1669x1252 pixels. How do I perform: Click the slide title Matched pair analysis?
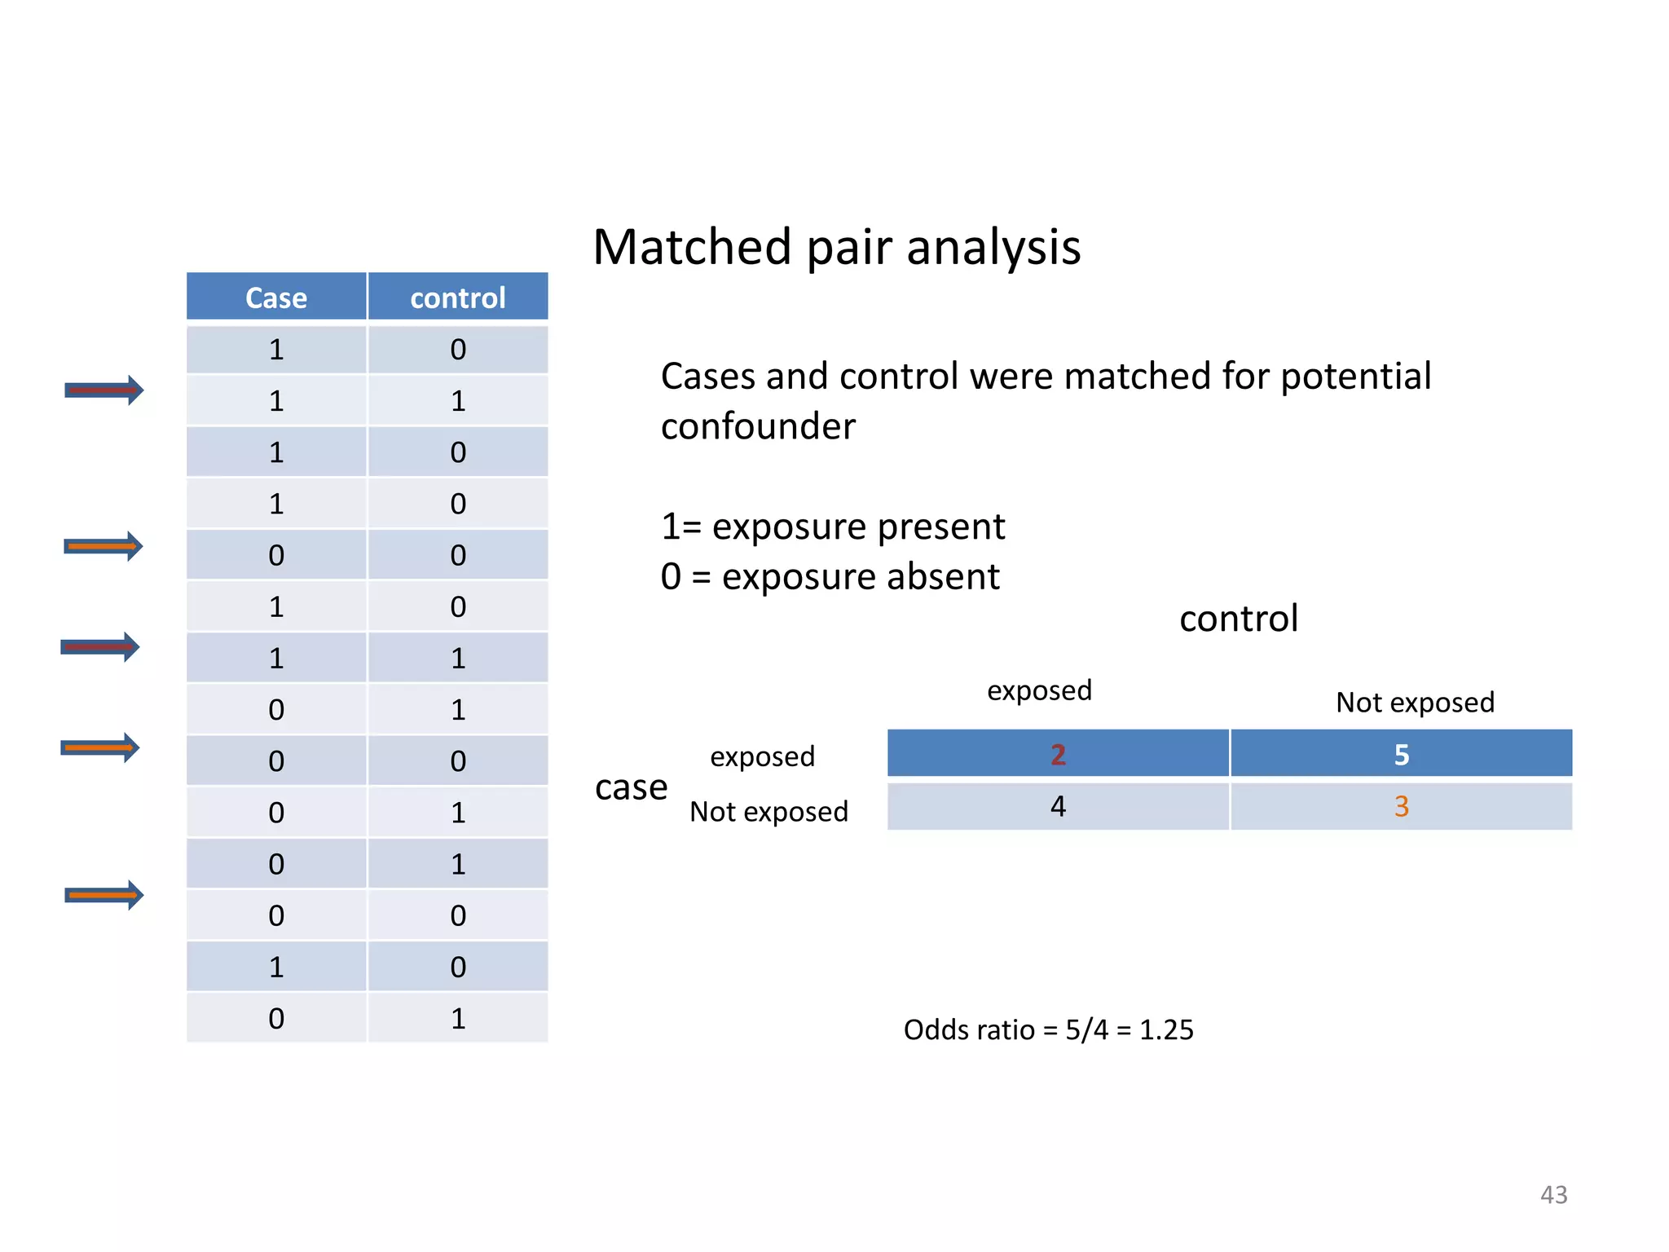click(836, 247)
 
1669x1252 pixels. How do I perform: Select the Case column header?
click(276, 298)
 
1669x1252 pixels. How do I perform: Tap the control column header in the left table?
click(457, 298)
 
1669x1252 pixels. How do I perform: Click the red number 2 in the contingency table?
click(1058, 755)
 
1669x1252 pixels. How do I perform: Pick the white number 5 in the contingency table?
click(1401, 755)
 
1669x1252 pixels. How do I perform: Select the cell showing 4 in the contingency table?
click(1058, 806)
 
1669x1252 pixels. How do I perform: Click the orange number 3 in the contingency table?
click(1401, 806)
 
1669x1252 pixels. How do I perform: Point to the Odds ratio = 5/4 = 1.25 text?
click(1048, 1029)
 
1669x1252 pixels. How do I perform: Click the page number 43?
click(1553, 1194)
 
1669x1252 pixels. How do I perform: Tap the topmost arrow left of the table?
click(103, 390)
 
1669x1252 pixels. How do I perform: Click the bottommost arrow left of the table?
click(103, 895)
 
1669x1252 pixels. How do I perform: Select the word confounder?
click(758, 426)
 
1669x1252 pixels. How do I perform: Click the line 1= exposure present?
click(833, 527)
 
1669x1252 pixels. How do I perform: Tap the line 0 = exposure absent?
click(830, 577)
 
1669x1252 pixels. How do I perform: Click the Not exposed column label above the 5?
click(1415, 702)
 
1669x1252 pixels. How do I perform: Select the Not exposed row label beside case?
click(768, 812)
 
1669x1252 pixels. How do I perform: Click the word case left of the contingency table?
click(631, 787)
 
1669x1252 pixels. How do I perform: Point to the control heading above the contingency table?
click(1238, 619)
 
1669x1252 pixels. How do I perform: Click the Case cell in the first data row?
click(276, 350)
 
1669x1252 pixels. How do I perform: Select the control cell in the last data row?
click(457, 1018)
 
